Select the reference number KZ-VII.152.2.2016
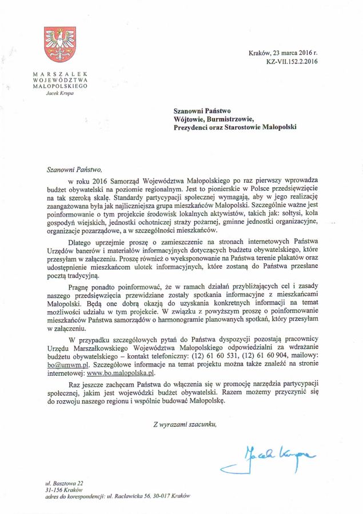291,62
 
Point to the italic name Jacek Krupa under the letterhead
59,93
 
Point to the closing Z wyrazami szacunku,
185,424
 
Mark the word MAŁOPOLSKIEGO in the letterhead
60,86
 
